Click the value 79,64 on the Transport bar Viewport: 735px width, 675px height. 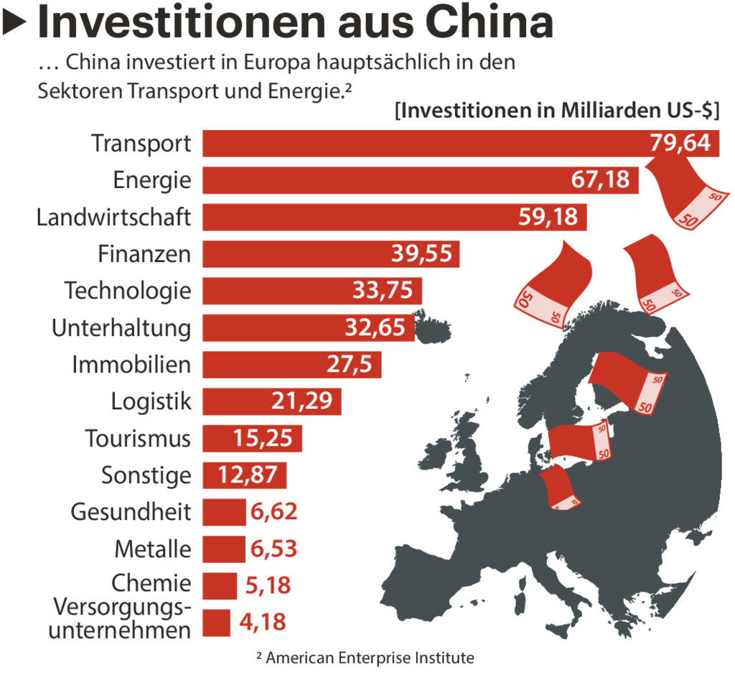(680, 143)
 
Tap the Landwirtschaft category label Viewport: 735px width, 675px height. (114, 217)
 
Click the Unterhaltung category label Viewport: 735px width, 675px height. (121, 328)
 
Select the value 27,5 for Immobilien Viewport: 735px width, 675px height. (350, 365)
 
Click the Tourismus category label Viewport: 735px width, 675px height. (139, 438)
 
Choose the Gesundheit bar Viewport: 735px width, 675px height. (224, 512)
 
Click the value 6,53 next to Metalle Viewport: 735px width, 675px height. (273, 549)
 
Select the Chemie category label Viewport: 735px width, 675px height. (151, 582)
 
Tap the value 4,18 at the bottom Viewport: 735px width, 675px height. (262, 623)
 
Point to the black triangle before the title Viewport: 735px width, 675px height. (15, 24)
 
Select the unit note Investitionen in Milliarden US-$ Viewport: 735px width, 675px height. (558, 111)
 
